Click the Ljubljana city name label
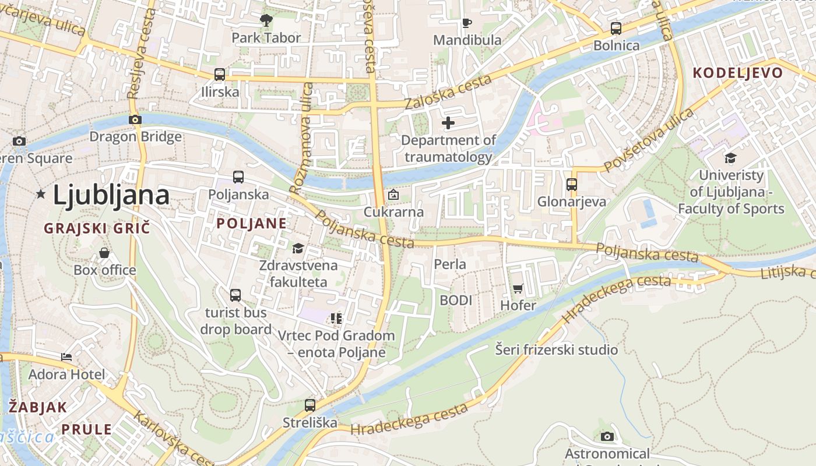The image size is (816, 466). coord(111,195)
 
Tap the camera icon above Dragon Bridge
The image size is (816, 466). coord(135,119)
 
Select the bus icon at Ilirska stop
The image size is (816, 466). coord(220,75)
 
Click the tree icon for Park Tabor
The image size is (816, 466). coord(266,21)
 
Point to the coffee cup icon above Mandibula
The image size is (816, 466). coord(466,23)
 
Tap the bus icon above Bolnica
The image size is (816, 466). coord(616,29)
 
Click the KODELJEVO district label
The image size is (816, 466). coord(737,73)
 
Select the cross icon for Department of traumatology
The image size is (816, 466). coord(448,123)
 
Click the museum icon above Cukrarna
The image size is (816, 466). coord(393,195)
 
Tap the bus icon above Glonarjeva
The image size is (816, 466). coord(572,185)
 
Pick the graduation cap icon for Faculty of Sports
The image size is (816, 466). coord(730,158)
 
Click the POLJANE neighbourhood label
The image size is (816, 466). coord(252,223)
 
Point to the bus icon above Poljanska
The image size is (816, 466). coord(238,177)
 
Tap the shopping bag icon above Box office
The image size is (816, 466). coord(104,253)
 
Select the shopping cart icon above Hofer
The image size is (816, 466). coord(518,288)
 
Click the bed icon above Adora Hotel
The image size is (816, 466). coord(67,357)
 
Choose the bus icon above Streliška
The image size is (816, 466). coord(310,405)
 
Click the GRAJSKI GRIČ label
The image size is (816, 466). coord(97,228)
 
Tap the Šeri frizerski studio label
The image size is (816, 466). coord(556,350)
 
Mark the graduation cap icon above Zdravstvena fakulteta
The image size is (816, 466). coord(298,249)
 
